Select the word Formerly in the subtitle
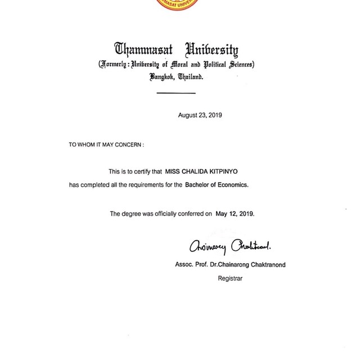click(x=117, y=65)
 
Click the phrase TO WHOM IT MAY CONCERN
click(x=106, y=145)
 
